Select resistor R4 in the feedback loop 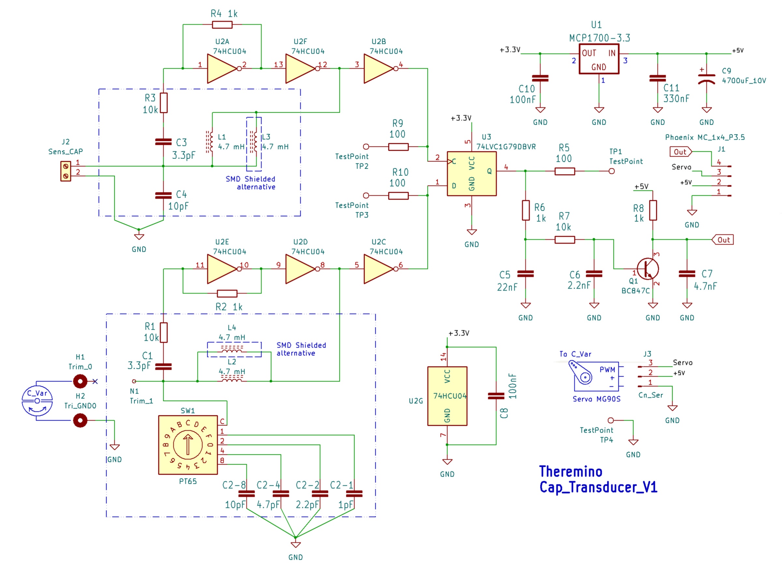coord(222,24)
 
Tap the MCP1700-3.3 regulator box coord(599,59)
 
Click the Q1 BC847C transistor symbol coord(647,269)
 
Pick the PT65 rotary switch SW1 coord(188,445)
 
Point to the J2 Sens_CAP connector coord(65,171)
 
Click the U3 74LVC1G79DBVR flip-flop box coord(472,173)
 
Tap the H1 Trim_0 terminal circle coord(80,381)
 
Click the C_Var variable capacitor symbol coord(37,401)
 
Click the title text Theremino coord(571,471)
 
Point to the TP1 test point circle coord(611,171)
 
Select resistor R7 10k coord(564,239)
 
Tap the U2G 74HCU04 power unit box coord(447,396)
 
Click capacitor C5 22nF coord(526,274)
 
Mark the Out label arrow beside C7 coord(722,239)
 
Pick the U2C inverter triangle coord(379,269)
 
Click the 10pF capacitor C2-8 coord(247,493)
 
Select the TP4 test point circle coord(611,420)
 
